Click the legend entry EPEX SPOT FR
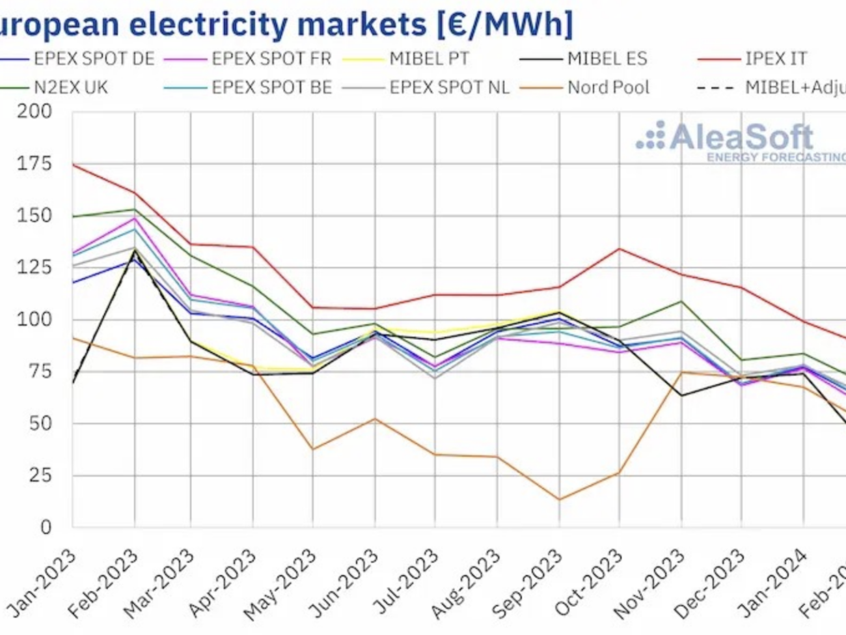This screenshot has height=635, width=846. (271, 59)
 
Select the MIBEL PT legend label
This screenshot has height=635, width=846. (429, 59)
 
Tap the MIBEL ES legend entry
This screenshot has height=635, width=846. (607, 59)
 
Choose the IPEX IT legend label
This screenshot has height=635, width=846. (776, 59)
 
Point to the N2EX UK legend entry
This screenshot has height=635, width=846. (70, 87)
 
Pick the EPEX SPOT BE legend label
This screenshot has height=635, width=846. (271, 87)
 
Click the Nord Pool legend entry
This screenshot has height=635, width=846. (608, 87)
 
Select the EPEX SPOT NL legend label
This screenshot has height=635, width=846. (450, 87)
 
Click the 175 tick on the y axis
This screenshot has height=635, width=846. (34, 163)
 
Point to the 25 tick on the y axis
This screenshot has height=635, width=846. (39, 475)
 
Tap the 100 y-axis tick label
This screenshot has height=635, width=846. (34, 320)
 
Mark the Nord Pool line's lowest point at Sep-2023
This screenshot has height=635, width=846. (558, 500)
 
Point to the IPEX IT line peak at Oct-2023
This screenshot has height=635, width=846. (619, 248)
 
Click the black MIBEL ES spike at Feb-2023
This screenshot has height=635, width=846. (135, 251)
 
